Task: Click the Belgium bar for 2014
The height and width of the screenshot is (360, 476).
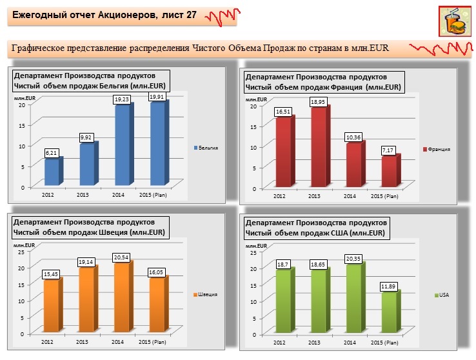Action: (x=122, y=146)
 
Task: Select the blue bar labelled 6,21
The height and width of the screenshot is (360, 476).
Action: (x=52, y=172)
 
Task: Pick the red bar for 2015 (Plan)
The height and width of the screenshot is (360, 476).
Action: (x=388, y=172)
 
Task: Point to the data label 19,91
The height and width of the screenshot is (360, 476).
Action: (x=157, y=97)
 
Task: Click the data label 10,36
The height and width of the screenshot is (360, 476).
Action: (x=352, y=137)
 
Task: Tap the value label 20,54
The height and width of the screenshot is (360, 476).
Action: (x=121, y=257)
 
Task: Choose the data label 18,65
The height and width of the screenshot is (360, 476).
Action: (x=317, y=265)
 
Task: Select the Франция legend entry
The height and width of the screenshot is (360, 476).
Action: (x=436, y=149)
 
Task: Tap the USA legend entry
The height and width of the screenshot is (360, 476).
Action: (x=442, y=295)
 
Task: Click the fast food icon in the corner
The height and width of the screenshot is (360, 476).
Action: (x=455, y=22)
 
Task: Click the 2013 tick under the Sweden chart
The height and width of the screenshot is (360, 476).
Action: (x=83, y=341)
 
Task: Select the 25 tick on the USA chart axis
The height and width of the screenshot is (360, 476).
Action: (x=254, y=252)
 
